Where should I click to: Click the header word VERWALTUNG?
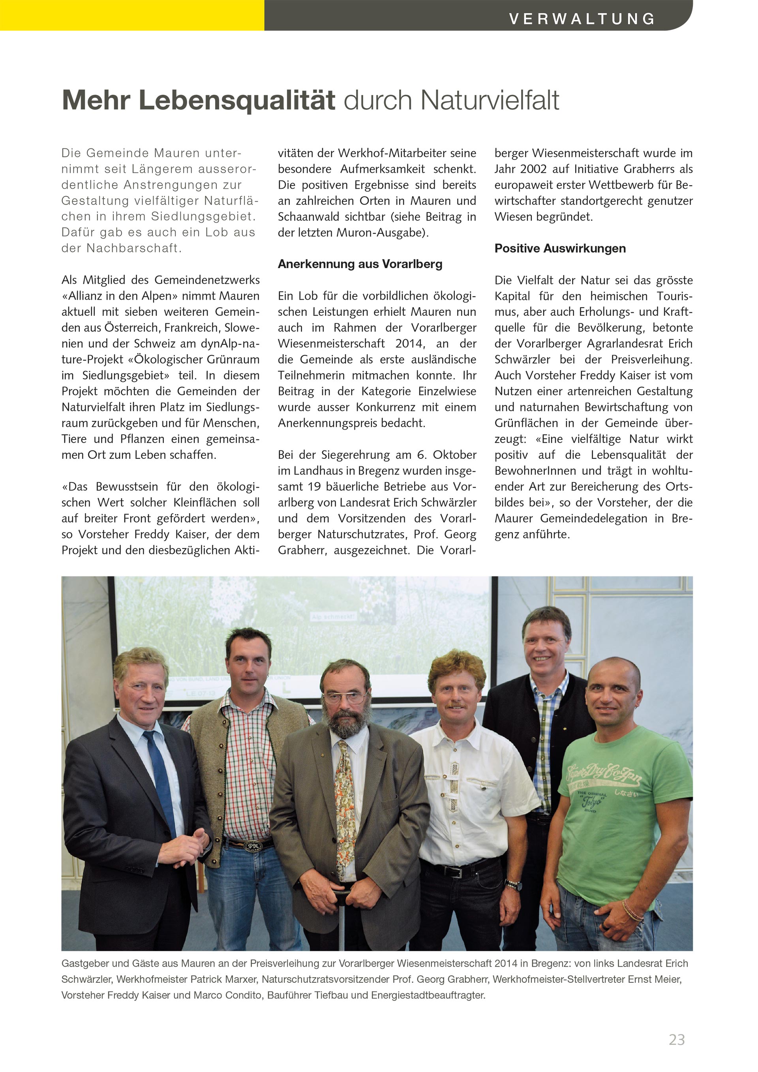pyautogui.click(x=582, y=19)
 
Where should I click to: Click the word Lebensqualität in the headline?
pyautogui.click(x=237, y=100)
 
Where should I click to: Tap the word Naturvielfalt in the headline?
pyautogui.click(x=490, y=100)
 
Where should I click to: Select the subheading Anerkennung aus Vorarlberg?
pyautogui.click(x=360, y=264)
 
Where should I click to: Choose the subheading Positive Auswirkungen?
pyautogui.click(x=560, y=248)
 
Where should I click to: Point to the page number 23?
pyautogui.click(x=676, y=1039)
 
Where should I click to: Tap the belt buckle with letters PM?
pyautogui.click(x=253, y=845)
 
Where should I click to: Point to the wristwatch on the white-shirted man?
pyautogui.click(x=513, y=883)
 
